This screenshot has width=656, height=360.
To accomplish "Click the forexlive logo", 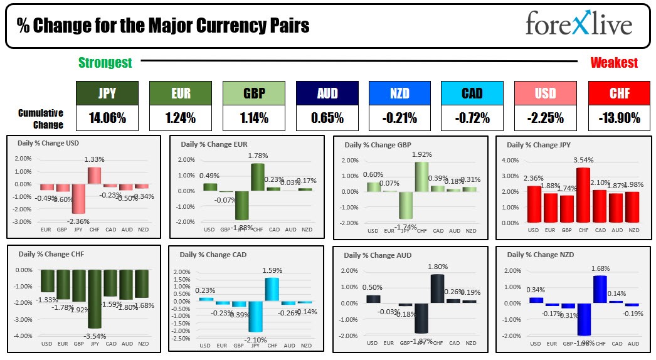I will (x=579, y=25).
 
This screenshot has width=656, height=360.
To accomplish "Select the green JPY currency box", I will (x=107, y=93).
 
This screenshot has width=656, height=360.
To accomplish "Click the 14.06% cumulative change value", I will (x=107, y=117).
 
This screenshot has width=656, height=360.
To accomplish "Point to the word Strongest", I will (x=105, y=63).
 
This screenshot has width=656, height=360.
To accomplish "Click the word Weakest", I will (x=614, y=63).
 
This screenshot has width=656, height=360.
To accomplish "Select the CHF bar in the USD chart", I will (x=95, y=176).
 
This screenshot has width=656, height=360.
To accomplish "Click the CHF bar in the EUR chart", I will (x=257, y=177).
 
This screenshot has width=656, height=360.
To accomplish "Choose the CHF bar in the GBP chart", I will (x=421, y=177).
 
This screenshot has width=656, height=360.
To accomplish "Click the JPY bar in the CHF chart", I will (x=95, y=299).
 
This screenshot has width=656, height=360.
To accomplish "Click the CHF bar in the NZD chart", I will (x=600, y=289).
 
